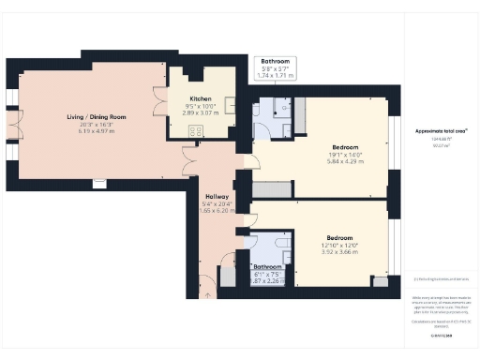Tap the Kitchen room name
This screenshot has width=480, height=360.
(x=201, y=98)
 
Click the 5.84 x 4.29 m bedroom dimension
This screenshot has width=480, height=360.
(x=339, y=161)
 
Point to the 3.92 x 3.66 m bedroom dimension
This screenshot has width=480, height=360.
(x=339, y=252)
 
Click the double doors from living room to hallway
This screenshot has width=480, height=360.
(x=190, y=161)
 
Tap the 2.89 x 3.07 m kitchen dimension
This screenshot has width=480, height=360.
(x=201, y=112)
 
